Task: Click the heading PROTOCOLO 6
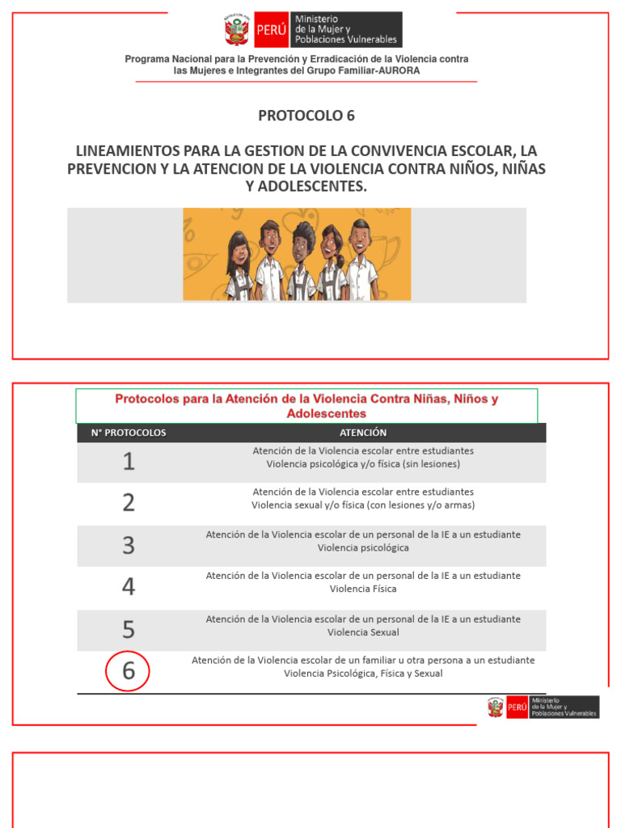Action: click(306, 116)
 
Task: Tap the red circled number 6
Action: click(128, 671)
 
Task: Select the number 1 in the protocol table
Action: click(128, 462)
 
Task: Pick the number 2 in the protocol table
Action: click(128, 503)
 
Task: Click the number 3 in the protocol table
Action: click(128, 545)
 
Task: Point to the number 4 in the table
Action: click(128, 587)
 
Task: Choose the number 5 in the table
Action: click(128, 629)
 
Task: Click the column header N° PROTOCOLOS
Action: click(129, 433)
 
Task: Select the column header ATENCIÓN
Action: click(363, 433)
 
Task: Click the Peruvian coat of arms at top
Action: click(235, 30)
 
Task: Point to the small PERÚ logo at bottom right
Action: click(517, 708)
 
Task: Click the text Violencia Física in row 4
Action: click(363, 589)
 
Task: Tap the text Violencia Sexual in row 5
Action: click(363, 632)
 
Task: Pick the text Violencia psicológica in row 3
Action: click(363, 547)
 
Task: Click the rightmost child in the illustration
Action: click(361, 259)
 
